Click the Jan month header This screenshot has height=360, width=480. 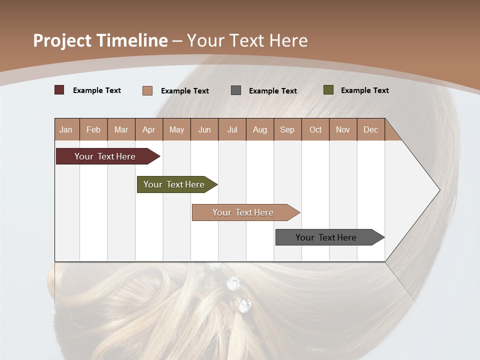(x=66, y=129)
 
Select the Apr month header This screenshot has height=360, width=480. (x=149, y=129)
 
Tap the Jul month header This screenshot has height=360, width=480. (x=232, y=129)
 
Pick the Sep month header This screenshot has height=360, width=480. (x=287, y=129)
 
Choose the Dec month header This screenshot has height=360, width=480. (x=370, y=129)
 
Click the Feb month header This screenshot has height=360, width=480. (x=93, y=129)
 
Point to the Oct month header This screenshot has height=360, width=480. (x=315, y=129)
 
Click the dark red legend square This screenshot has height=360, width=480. (x=59, y=90)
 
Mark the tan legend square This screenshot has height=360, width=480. (x=147, y=90)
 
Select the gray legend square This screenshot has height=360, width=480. (x=236, y=90)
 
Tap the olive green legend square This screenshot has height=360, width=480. (x=328, y=90)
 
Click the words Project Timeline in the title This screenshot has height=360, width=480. (x=100, y=40)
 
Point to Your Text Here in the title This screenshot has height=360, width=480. (x=247, y=40)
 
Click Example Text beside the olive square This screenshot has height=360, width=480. (x=364, y=90)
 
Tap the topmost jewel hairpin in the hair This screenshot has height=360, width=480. (x=214, y=266)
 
